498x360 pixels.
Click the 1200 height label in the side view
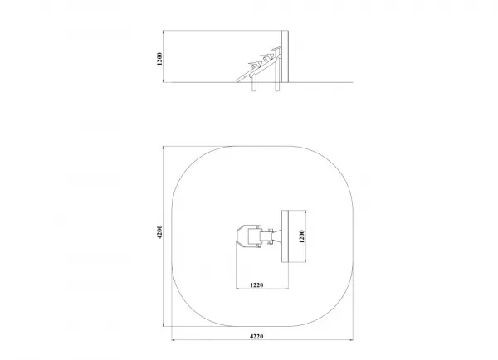pos(159,59)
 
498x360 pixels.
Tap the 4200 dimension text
pos(159,232)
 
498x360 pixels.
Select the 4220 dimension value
pos(256,336)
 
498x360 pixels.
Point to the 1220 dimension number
pos(256,285)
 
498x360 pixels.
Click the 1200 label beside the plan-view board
pos(302,236)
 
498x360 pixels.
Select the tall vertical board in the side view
pos(285,56)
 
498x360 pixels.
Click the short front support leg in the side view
pos(254,84)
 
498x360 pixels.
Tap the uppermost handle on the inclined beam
pos(276,50)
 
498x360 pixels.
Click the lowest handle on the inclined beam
pos(254,64)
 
